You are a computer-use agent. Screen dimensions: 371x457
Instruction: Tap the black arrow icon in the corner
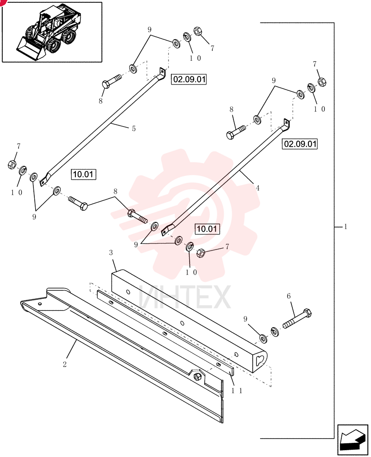point(352,440)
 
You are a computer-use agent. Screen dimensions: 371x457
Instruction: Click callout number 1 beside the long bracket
point(346,227)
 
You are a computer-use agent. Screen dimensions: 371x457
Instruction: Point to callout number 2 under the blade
point(65,364)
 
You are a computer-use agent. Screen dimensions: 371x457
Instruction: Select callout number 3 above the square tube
point(111,252)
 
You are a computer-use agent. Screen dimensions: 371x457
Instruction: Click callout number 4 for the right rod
point(258,188)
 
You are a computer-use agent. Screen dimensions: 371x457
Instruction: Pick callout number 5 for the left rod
point(134,128)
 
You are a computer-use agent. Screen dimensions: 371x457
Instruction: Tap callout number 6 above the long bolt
point(289,296)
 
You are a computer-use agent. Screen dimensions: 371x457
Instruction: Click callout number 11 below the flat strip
point(237,391)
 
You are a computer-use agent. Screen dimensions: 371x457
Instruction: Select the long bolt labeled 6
point(297,319)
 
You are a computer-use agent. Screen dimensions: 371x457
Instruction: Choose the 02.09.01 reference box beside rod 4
point(300,144)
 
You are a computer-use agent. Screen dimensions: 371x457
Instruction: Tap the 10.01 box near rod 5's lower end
point(83,174)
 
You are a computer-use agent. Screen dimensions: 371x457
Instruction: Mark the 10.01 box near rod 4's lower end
point(207,229)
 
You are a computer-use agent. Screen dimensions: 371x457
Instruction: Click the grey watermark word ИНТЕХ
point(185,297)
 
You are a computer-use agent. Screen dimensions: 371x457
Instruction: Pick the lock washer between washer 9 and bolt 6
point(275,331)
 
